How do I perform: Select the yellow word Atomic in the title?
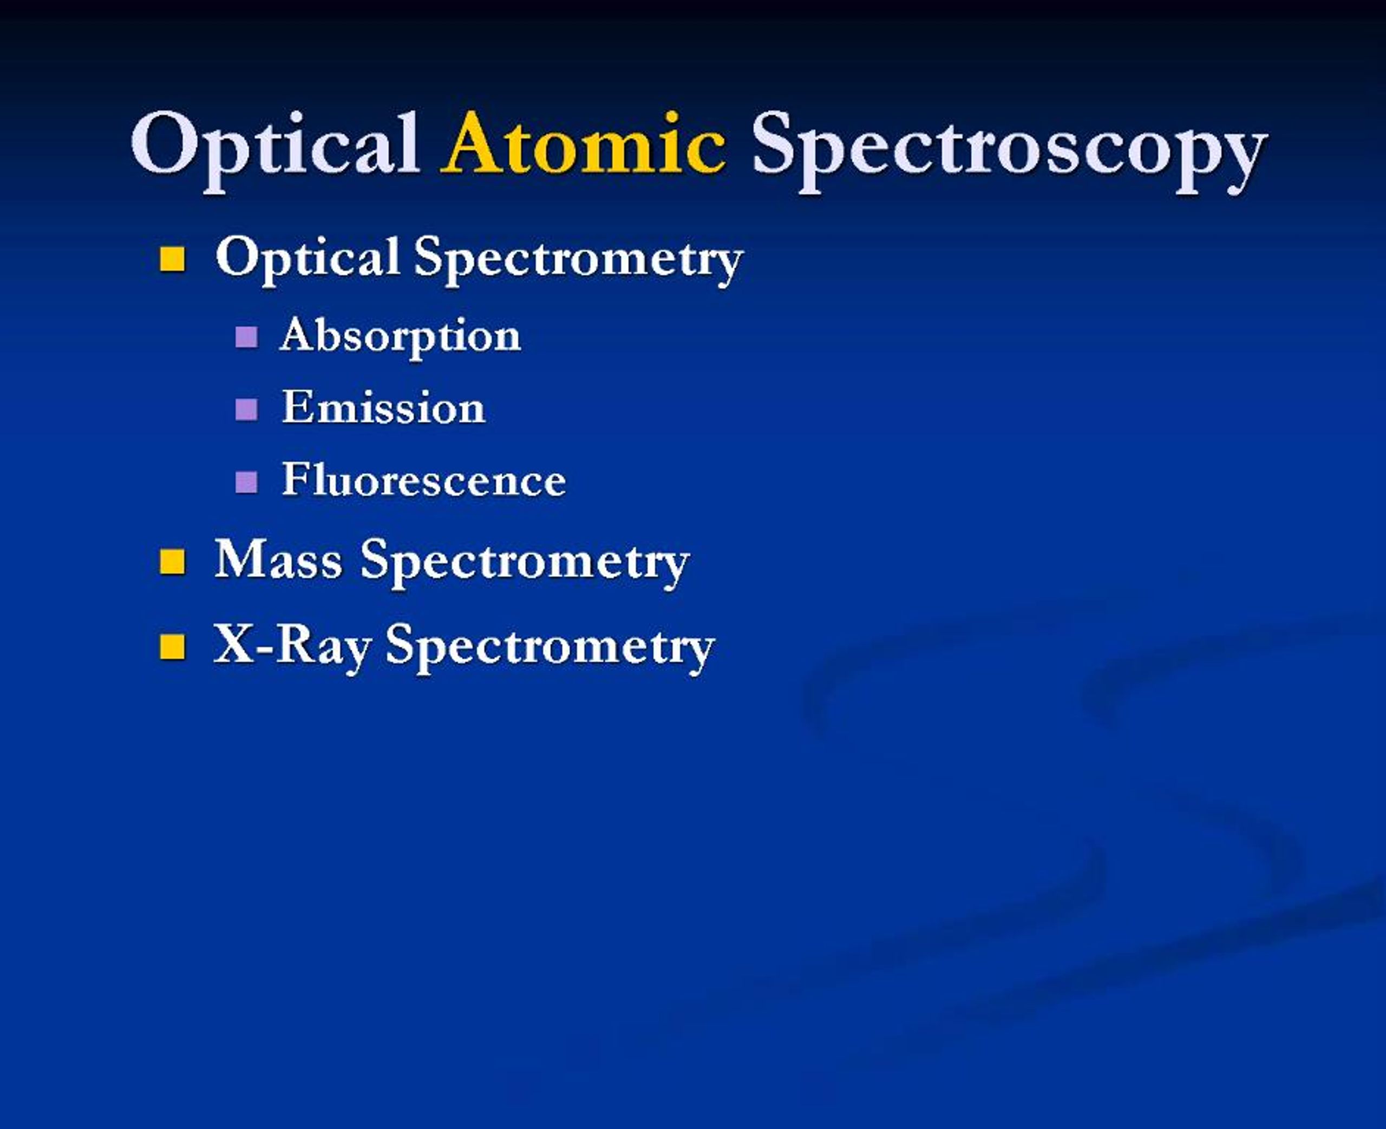[x=584, y=144]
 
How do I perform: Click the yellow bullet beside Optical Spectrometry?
[x=172, y=258]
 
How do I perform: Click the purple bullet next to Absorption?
[x=246, y=337]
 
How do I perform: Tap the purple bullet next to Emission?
[x=246, y=409]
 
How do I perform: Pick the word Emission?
[x=383, y=408]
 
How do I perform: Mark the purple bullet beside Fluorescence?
[x=246, y=482]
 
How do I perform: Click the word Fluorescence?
[x=423, y=480]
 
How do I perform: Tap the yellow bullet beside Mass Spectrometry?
[x=172, y=561]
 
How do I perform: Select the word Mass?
[x=278, y=559]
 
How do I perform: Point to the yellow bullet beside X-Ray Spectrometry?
[x=172, y=647]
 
